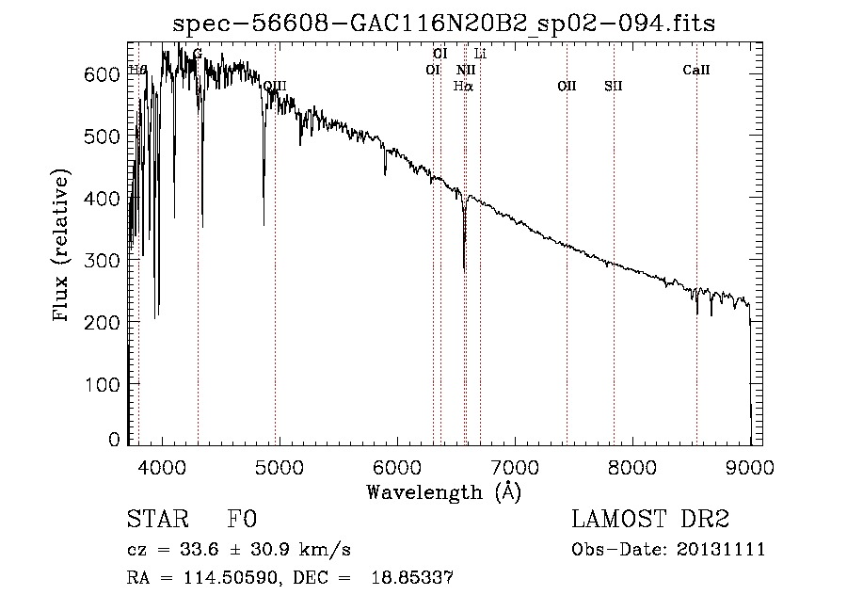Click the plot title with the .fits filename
(x=443, y=25)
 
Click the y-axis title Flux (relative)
(x=62, y=247)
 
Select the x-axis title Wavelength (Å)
(x=443, y=491)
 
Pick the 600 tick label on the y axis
(x=109, y=73)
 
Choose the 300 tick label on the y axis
(x=109, y=260)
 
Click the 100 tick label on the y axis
(x=109, y=384)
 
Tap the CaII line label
(x=696, y=70)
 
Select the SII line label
(x=614, y=86)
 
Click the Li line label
(x=480, y=54)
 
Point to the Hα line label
(x=463, y=86)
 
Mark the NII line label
(x=466, y=70)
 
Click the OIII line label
(x=275, y=86)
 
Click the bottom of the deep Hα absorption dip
(x=464, y=270)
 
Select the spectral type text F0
(x=241, y=521)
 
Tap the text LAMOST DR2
(x=650, y=521)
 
